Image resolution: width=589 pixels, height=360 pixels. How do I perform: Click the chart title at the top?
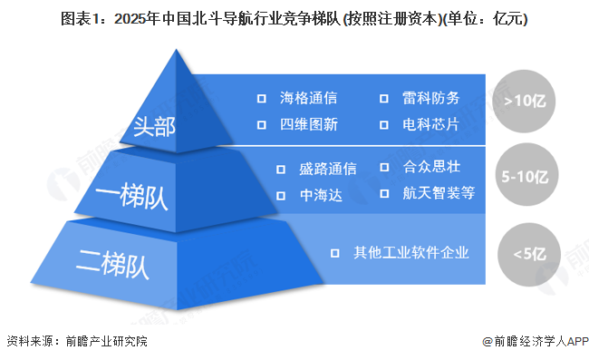294,18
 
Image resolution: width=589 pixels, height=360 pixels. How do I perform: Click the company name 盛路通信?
327,169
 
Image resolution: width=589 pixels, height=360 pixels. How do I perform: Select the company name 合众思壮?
431,167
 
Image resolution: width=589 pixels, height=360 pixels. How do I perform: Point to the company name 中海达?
321,195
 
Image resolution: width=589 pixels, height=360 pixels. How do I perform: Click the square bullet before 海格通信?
262,98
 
